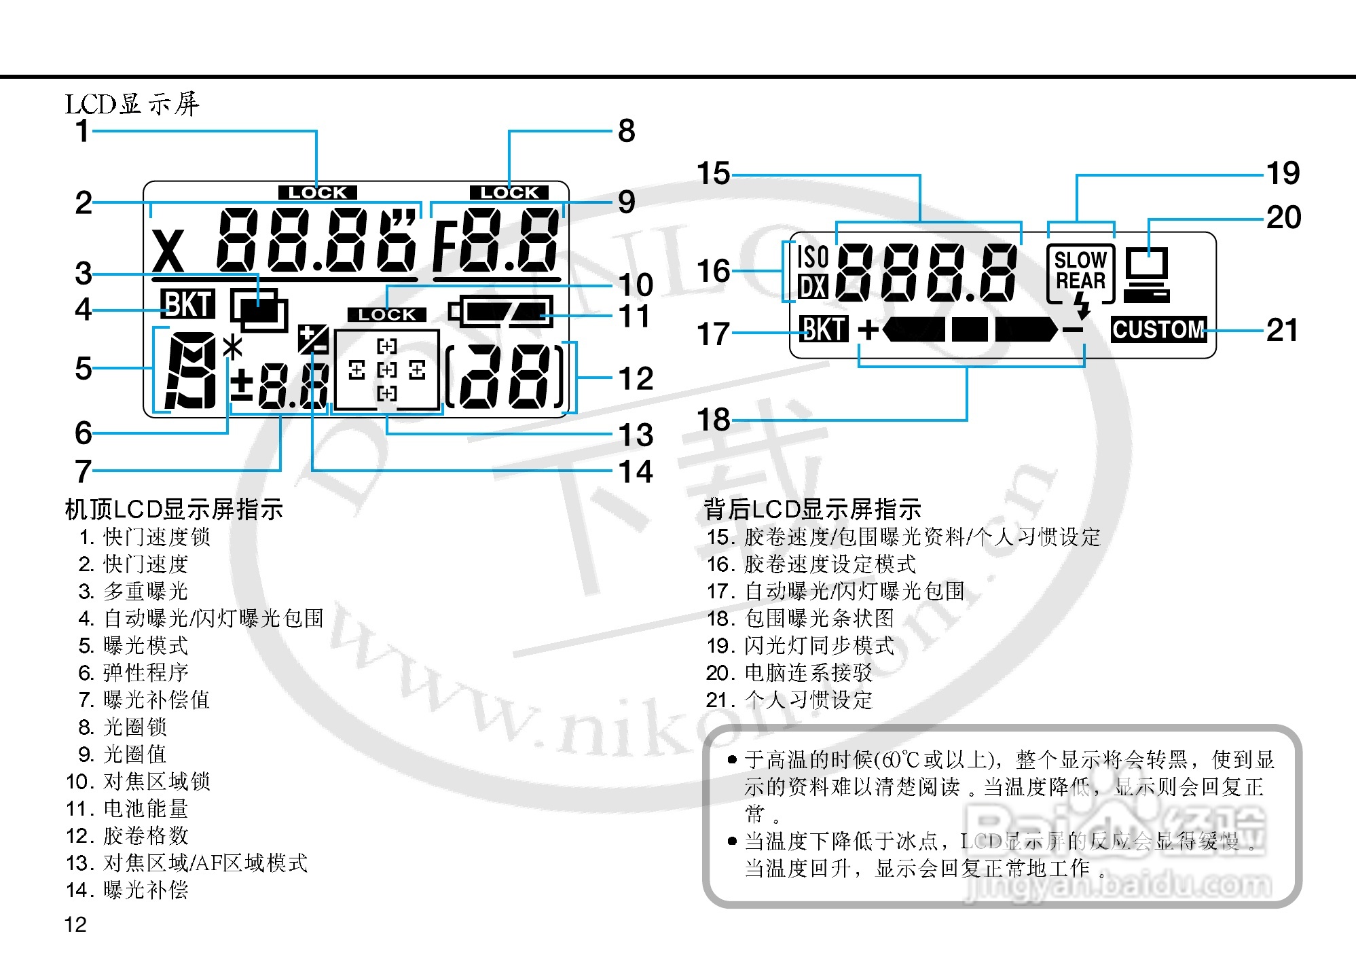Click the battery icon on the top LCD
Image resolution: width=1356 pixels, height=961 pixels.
(x=501, y=312)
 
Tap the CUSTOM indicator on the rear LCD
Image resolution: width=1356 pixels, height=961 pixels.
(x=1158, y=330)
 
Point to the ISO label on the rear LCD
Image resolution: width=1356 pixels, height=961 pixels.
(x=812, y=257)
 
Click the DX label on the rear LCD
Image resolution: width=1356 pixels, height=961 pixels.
(x=812, y=287)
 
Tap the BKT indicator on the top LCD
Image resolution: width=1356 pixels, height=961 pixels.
(x=187, y=304)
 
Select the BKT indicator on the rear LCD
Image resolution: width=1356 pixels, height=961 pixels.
(x=824, y=329)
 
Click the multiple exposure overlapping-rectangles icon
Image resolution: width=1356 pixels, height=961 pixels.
(x=259, y=310)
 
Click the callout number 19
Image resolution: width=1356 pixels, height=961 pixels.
(x=1283, y=173)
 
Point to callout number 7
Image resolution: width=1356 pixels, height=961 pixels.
(x=83, y=471)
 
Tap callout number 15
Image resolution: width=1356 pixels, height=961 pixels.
(x=714, y=174)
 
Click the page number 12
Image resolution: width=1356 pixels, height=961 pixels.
(x=75, y=924)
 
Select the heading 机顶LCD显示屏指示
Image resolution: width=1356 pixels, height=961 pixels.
(x=174, y=509)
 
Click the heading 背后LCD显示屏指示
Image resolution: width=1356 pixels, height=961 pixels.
(x=812, y=509)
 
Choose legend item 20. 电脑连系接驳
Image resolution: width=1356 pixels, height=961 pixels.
(x=789, y=673)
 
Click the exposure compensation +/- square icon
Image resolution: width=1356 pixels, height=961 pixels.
(x=314, y=339)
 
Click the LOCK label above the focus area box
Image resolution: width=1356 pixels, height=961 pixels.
(x=387, y=314)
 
